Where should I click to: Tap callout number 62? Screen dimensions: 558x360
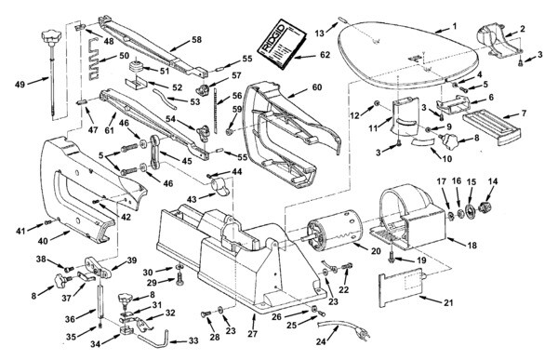click(325, 55)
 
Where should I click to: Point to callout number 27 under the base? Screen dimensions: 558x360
click(253, 334)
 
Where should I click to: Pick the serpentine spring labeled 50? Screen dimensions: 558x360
click(94, 58)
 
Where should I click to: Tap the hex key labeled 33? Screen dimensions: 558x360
click(153, 340)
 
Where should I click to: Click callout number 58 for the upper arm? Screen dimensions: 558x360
click(196, 39)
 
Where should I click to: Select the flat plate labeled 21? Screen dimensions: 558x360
click(402, 287)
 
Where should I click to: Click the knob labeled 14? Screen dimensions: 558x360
click(484, 207)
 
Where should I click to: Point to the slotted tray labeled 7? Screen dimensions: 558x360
click(492, 127)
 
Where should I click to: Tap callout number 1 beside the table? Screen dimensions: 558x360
click(454, 26)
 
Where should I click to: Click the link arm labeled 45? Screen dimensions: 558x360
click(155, 152)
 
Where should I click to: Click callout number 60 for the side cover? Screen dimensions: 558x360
click(316, 87)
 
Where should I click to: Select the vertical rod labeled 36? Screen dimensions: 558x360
click(100, 298)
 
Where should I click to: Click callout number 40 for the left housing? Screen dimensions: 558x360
click(43, 241)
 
